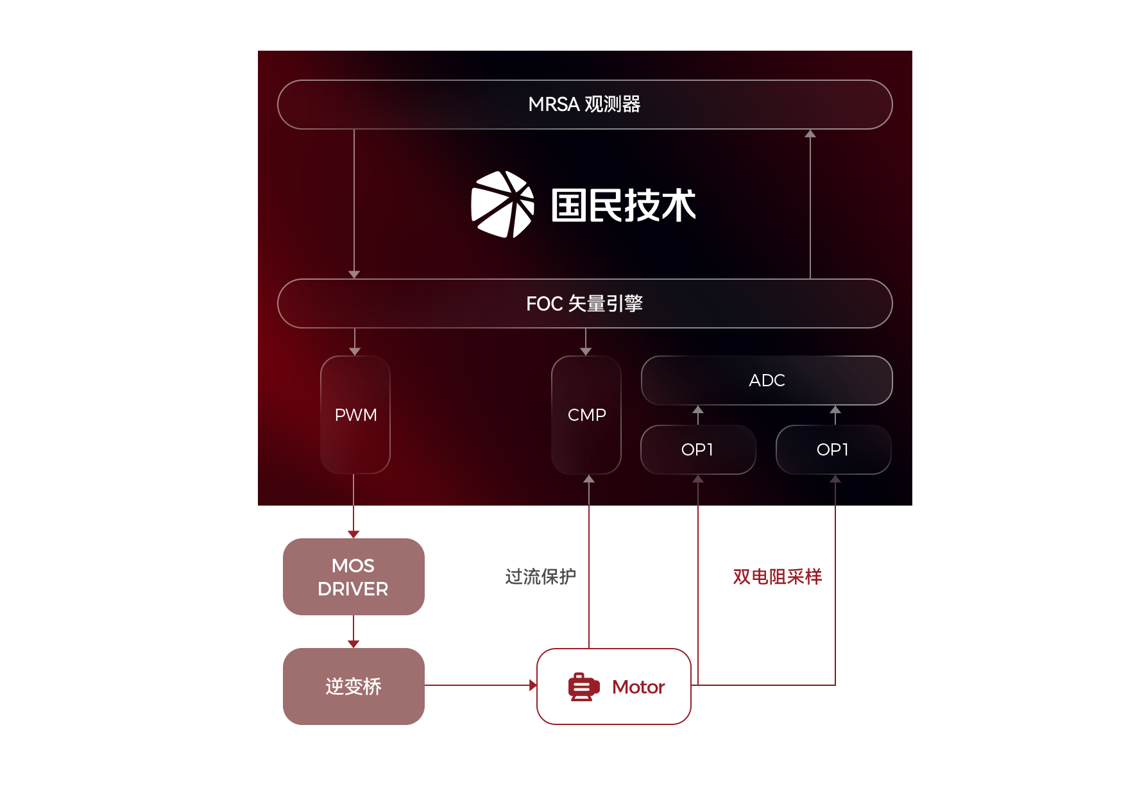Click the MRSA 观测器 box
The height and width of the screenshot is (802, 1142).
tap(584, 105)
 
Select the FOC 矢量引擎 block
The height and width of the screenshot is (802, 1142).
tap(584, 303)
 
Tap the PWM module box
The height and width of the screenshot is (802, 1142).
tap(355, 415)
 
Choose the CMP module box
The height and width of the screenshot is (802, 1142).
tap(586, 415)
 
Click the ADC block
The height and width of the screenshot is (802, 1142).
tap(767, 380)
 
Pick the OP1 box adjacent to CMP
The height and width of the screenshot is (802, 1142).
tap(698, 450)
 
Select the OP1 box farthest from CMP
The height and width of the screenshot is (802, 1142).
tap(833, 450)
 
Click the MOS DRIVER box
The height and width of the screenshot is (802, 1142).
tap(353, 576)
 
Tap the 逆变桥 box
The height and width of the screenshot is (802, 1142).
tap(353, 686)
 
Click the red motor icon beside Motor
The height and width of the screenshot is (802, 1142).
tap(583, 687)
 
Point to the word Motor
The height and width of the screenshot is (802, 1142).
tap(638, 687)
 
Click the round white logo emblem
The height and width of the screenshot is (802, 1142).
tap(502, 205)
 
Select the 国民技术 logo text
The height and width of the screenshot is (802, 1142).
tap(624, 205)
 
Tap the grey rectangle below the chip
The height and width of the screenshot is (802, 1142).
tap(540, 576)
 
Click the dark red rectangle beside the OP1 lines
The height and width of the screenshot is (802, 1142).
tap(777, 576)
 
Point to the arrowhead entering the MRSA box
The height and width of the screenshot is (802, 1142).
tap(810, 133)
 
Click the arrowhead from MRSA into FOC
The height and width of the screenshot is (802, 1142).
tap(354, 275)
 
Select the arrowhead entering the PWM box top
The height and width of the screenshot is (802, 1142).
tap(355, 352)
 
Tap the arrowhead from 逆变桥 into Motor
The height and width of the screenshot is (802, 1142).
tap(533, 685)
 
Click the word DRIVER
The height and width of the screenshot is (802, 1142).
tap(353, 589)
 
